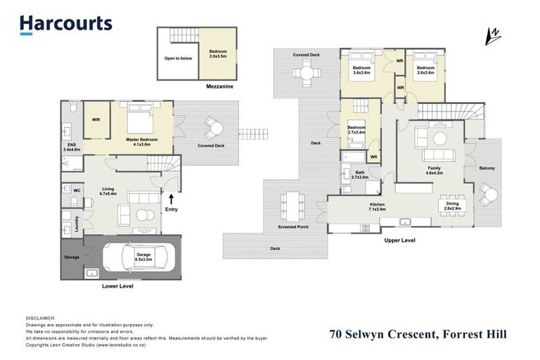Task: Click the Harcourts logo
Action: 66,24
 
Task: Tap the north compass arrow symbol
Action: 494,35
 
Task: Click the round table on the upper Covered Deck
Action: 307,72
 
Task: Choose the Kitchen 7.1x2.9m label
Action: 378,207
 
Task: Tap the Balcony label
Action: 487,168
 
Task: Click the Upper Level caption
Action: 399,240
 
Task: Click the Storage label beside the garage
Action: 72,257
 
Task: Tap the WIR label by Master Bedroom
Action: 96,120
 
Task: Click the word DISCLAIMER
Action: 40,318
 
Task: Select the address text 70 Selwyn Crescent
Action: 384,335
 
